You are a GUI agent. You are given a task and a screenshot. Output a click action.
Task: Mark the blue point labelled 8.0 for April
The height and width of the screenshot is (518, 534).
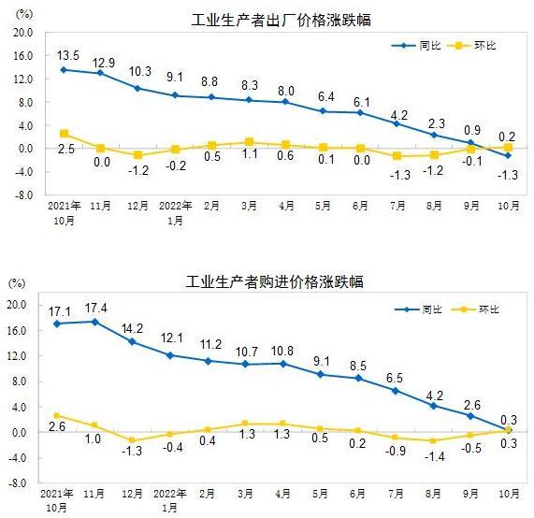285,101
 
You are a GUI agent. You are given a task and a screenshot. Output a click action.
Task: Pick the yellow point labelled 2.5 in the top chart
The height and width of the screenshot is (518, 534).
63,134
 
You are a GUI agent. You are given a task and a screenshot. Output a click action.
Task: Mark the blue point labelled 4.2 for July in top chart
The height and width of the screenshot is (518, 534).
396,123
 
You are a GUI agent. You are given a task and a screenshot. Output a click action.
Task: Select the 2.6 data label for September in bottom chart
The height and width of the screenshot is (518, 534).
472,404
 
